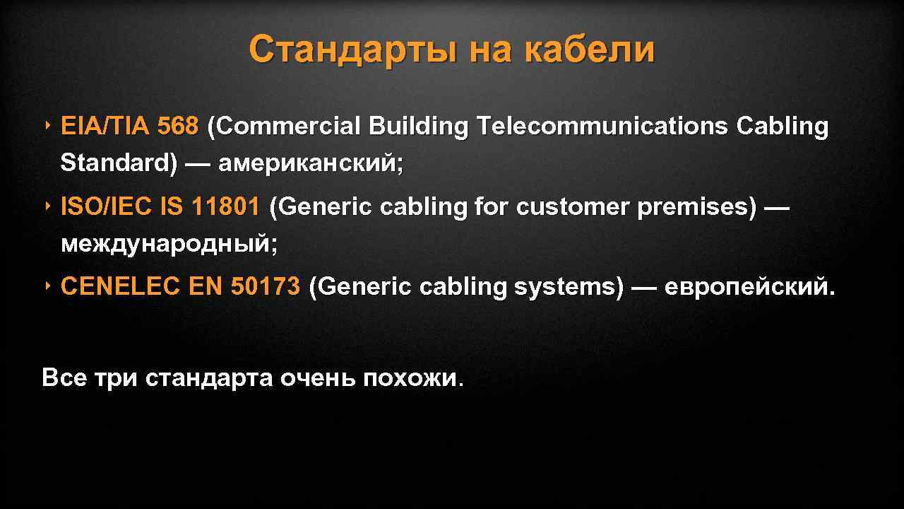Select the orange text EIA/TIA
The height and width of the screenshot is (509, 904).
(105, 127)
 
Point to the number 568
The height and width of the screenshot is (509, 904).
(178, 127)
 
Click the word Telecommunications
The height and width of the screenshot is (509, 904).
(602, 127)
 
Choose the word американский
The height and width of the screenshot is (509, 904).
(311, 163)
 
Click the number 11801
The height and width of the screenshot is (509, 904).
(225, 207)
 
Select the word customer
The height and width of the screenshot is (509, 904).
(573, 207)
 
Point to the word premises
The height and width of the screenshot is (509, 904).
(696, 207)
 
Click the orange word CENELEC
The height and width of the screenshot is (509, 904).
(121, 287)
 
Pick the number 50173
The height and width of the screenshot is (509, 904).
(266, 287)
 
